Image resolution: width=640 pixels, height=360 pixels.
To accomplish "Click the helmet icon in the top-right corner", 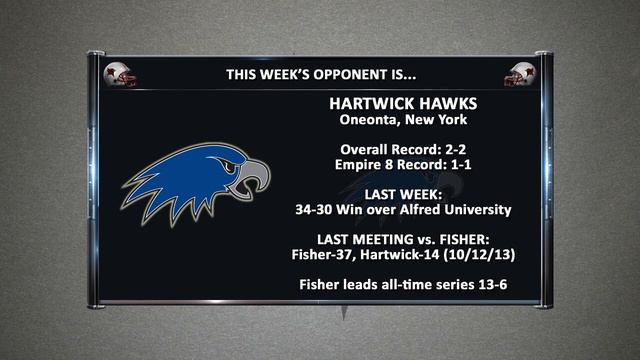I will click(x=519, y=75).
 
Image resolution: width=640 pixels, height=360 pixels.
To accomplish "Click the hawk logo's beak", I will click(x=256, y=181).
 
